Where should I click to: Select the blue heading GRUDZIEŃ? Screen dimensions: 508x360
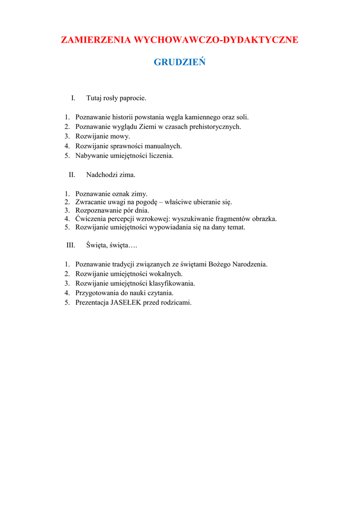pos(180,63)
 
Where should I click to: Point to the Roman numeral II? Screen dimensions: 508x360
pos(72,175)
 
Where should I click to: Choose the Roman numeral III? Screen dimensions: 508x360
pos(71,245)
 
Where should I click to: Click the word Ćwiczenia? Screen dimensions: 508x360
pos(91,219)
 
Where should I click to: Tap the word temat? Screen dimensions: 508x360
pos(236,228)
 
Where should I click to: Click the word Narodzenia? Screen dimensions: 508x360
pos(250,264)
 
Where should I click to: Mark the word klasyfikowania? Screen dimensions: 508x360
pos(171,283)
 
